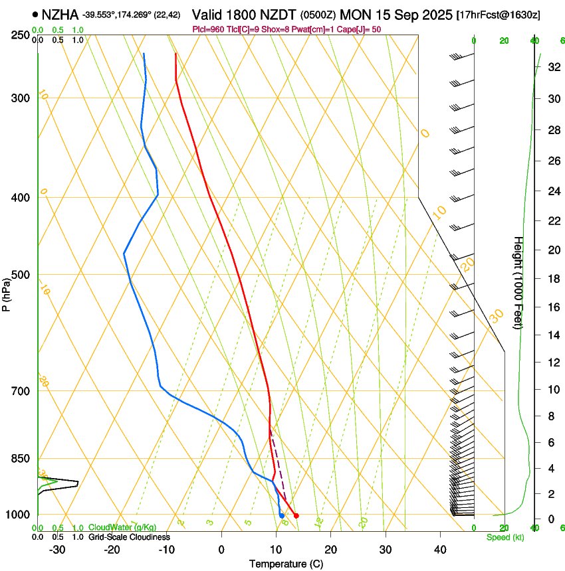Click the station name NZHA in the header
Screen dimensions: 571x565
[x=60, y=14]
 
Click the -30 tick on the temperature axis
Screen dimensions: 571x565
[x=57, y=549]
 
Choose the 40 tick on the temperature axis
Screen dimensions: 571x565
[x=440, y=549]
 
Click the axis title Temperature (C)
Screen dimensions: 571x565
[x=285, y=564]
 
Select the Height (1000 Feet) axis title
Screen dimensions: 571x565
[x=518, y=282]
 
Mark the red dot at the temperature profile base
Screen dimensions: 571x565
[x=296, y=516]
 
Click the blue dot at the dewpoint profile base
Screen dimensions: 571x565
[x=282, y=516]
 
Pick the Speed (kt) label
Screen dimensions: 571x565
[x=505, y=537]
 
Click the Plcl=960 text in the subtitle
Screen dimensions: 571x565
[x=209, y=29]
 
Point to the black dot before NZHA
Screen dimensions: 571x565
[x=35, y=14]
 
